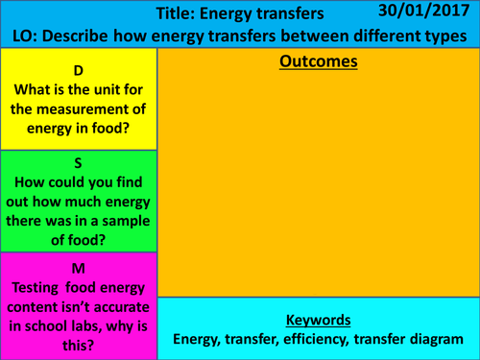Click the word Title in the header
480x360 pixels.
click(174, 15)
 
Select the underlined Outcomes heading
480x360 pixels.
click(318, 62)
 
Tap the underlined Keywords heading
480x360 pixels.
click(318, 320)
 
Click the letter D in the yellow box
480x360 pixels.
click(78, 71)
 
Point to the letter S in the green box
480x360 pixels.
click(78, 163)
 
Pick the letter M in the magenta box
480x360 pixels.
click(78, 266)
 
